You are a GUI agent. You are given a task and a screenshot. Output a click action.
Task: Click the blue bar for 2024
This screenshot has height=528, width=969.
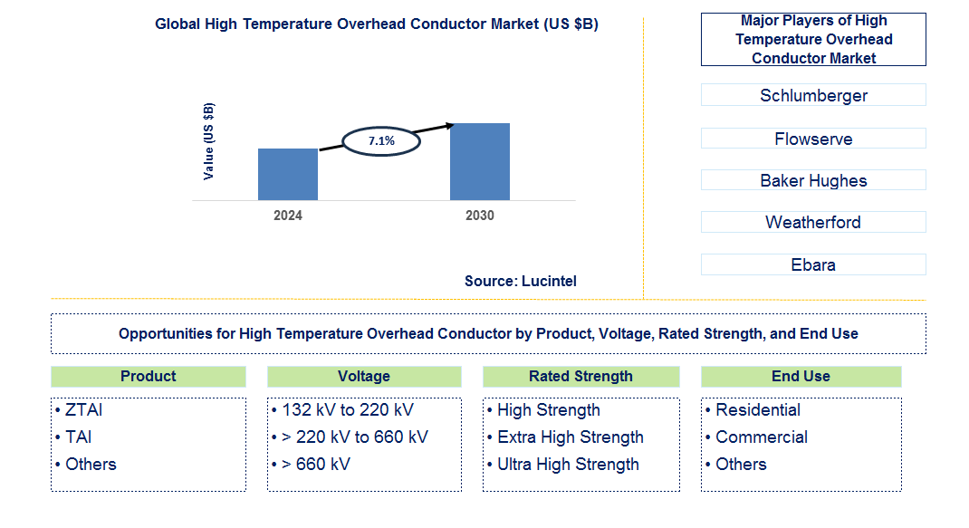pyautogui.click(x=288, y=174)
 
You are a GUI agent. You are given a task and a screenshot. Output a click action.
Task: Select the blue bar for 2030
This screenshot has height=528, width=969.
pyautogui.click(x=480, y=161)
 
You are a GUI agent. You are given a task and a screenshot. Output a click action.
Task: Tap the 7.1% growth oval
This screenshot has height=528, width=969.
pyautogui.click(x=381, y=141)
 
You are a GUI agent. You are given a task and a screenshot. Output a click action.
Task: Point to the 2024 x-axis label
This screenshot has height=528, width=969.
pyautogui.click(x=288, y=216)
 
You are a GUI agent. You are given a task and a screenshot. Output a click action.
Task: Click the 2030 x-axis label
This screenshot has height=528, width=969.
pyautogui.click(x=480, y=216)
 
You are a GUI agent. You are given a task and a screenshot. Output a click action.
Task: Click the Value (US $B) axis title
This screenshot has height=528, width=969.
pyautogui.click(x=209, y=141)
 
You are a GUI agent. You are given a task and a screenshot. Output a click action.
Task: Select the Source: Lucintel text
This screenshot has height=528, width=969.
pyautogui.click(x=521, y=281)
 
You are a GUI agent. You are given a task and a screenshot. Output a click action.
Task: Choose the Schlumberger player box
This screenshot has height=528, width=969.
pyautogui.click(x=813, y=95)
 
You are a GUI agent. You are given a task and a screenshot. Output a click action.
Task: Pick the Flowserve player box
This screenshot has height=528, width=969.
pyautogui.click(x=813, y=139)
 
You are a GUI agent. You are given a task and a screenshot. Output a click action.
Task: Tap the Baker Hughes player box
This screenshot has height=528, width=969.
pyautogui.click(x=813, y=180)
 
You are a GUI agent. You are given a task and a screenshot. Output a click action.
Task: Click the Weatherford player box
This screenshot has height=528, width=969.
pyautogui.click(x=813, y=222)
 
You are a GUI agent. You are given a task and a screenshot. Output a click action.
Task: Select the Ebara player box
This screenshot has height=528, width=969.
pyautogui.click(x=813, y=264)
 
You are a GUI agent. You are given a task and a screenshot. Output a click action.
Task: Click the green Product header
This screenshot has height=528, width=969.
pyautogui.click(x=149, y=376)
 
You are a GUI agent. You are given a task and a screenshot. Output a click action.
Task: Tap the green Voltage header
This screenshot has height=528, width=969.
pyautogui.click(x=364, y=376)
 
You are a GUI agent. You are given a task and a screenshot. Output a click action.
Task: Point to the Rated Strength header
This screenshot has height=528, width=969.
pyautogui.click(x=580, y=376)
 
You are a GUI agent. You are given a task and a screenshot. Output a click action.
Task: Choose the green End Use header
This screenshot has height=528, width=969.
pyautogui.click(x=801, y=376)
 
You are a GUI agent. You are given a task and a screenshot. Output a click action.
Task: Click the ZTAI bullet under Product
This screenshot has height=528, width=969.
pyautogui.click(x=83, y=410)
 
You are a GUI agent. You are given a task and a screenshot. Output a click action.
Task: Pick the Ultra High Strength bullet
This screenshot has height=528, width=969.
pyautogui.click(x=568, y=465)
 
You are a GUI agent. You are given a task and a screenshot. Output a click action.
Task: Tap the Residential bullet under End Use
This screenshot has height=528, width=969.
pyautogui.click(x=757, y=410)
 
